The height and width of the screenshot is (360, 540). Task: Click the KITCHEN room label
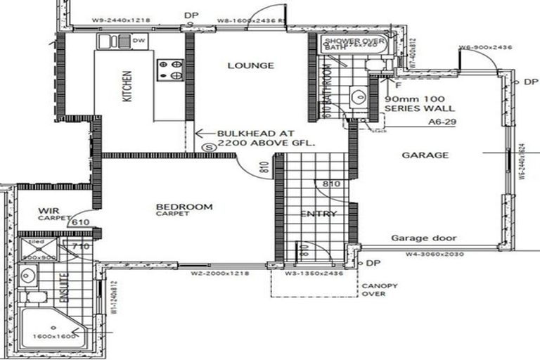127,86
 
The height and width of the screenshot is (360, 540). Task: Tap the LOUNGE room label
250,65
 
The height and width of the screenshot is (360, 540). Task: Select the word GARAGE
425,155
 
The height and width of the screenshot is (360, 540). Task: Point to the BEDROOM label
184,207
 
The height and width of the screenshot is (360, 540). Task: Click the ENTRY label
318,214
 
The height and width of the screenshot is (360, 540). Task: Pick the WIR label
48,210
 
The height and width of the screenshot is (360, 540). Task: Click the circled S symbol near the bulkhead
208,148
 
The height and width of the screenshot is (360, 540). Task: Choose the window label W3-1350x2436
313,272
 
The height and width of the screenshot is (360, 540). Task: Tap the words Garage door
423,238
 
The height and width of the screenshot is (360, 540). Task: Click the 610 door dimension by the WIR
81,222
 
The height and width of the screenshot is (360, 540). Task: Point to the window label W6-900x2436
484,48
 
